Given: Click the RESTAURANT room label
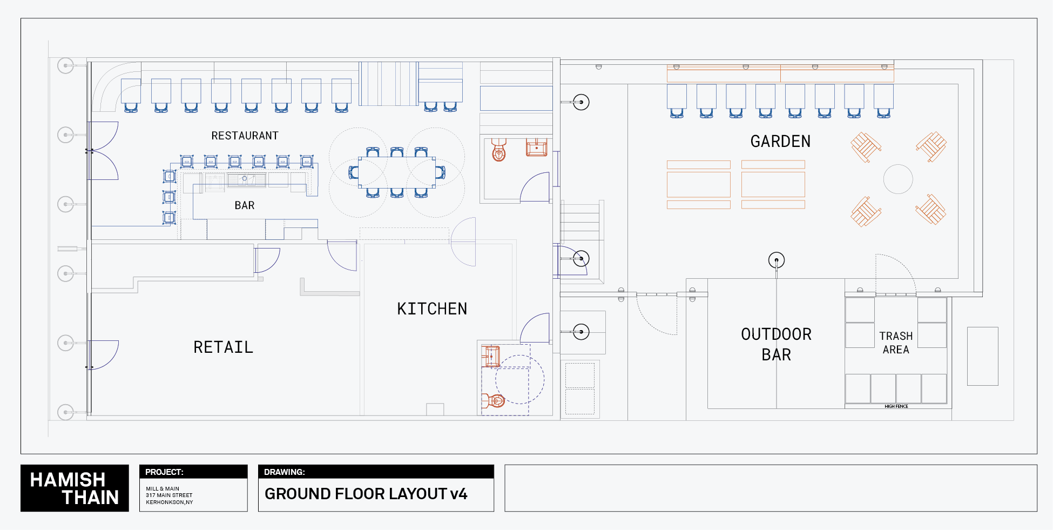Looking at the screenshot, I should (x=245, y=136).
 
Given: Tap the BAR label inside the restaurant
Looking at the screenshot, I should (x=244, y=205).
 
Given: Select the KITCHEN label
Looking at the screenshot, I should (x=432, y=308).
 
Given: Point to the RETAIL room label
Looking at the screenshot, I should (x=223, y=347).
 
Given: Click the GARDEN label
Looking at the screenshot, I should (x=780, y=142).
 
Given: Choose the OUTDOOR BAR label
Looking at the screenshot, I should (x=776, y=344).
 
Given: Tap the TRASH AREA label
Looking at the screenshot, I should (x=896, y=343).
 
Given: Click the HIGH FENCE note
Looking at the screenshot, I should (x=896, y=406).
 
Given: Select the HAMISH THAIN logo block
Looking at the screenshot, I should (x=75, y=488).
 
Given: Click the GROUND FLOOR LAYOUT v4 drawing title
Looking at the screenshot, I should (x=366, y=494).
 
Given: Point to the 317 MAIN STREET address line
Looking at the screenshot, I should (x=169, y=495).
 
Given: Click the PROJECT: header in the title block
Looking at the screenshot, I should (x=164, y=472).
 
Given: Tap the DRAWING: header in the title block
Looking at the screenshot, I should (x=284, y=472).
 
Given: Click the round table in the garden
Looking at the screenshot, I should (x=898, y=179).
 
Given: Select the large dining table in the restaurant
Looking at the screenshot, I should (x=397, y=172).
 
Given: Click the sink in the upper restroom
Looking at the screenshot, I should (x=536, y=147).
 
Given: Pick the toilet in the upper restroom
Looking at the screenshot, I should (x=498, y=151).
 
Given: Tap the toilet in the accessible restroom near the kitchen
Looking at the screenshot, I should (x=494, y=400).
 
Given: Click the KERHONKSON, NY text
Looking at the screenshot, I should (x=169, y=502).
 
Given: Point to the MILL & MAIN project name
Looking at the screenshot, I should (x=162, y=488).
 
